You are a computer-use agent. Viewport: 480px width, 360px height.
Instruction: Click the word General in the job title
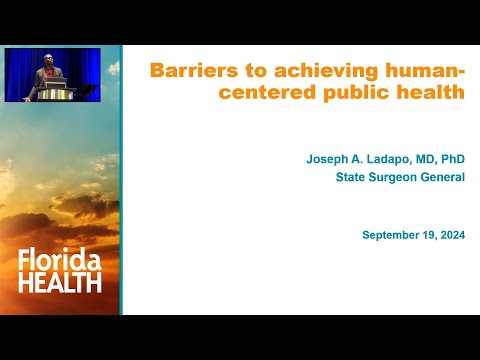444,178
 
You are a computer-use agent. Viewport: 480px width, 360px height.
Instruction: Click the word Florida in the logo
60,263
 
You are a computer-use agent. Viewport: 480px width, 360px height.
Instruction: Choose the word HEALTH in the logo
60,283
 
